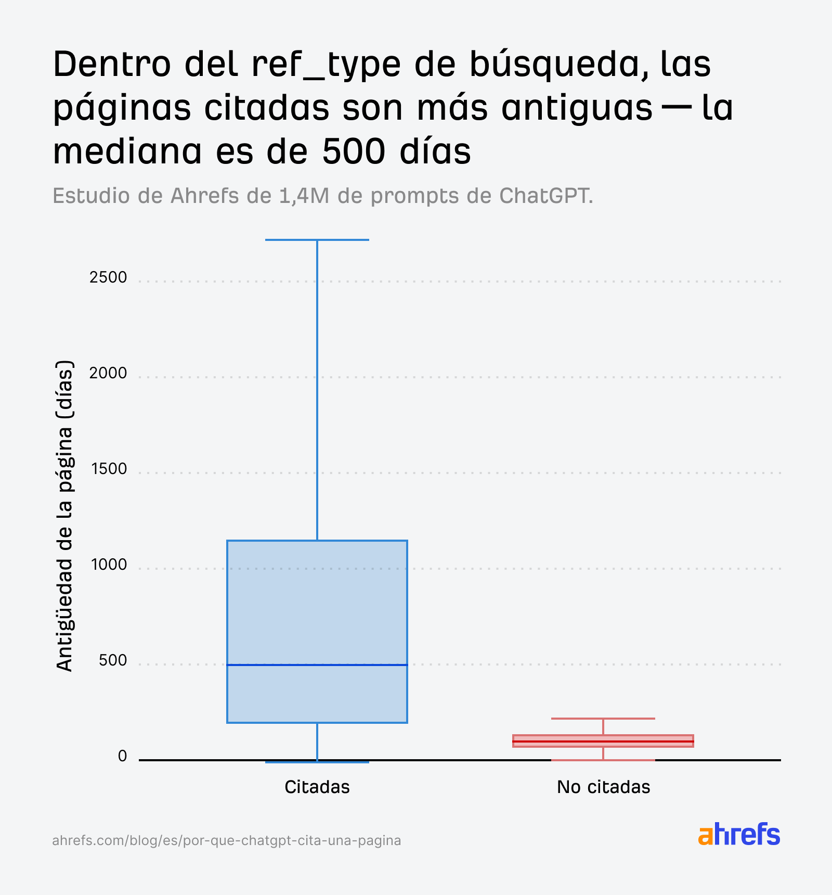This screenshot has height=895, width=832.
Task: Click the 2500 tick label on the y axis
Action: (x=108, y=277)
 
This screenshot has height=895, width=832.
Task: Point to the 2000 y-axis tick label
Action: (x=108, y=373)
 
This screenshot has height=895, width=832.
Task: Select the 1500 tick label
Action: (x=109, y=469)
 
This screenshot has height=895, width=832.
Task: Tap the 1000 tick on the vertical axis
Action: (x=109, y=565)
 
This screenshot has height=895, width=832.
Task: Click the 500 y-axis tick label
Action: (x=112, y=660)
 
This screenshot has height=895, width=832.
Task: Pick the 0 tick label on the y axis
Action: (x=122, y=756)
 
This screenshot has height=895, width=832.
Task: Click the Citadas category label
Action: (x=317, y=787)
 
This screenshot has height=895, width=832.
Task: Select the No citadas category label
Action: (x=603, y=787)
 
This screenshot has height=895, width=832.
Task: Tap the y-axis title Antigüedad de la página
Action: (x=64, y=515)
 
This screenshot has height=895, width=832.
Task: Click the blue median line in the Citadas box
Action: (x=317, y=664)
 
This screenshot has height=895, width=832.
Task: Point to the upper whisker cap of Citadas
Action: (x=317, y=240)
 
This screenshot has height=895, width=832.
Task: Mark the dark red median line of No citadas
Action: (x=603, y=741)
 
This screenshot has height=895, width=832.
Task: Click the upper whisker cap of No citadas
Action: (x=603, y=719)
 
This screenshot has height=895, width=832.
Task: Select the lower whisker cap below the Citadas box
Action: (x=317, y=762)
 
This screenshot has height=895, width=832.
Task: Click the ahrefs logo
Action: (x=738, y=835)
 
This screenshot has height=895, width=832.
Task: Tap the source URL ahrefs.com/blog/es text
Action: (x=226, y=840)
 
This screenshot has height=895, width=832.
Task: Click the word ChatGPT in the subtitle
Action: (x=545, y=196)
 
